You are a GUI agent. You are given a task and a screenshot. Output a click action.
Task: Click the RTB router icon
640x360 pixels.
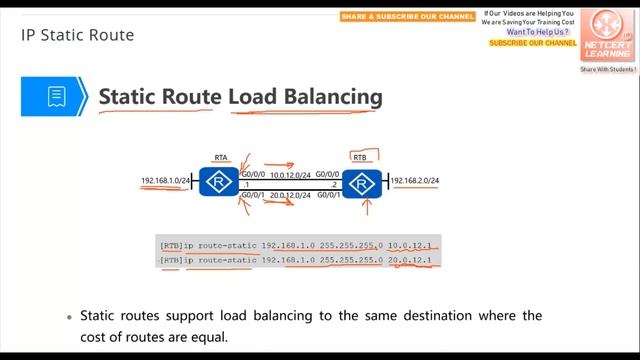pyautogui.click(x=359, y=183)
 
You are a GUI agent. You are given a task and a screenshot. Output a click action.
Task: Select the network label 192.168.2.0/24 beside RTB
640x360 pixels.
pyautogui.click(x=414, y=181)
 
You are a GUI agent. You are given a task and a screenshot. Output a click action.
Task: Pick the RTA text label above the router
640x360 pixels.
pyautogui.click(x=222, y=158)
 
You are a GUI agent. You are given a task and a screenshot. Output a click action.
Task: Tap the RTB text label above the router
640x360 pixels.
pyautogui.click(x=362, y=158)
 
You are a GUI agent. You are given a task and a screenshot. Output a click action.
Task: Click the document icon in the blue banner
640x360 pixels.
pyautogui.click(x=56, y=97)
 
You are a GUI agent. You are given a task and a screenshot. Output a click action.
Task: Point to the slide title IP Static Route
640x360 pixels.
pyautogui.click(x=77, y=36)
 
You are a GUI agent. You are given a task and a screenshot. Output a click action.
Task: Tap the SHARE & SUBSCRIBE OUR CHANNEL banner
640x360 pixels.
pyautogui.click(x=407, y=17)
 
